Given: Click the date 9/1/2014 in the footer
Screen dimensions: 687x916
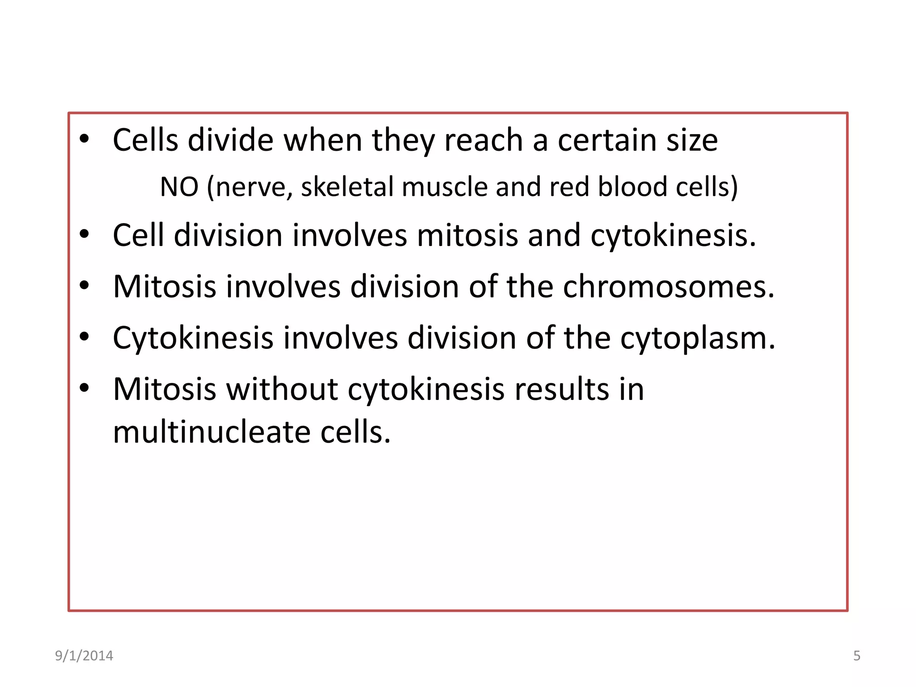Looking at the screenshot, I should tap(84, 656).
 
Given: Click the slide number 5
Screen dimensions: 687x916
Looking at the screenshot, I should tap(857, 656).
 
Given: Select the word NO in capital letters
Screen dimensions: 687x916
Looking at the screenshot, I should tap(179, 187).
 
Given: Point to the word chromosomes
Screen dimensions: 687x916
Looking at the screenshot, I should tap(668, 286).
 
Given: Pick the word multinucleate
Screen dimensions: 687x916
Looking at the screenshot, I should tap(212, 432).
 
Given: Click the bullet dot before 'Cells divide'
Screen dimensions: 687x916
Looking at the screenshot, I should tap(84, 139).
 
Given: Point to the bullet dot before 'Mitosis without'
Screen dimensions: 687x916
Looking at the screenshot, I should tap(84, 388).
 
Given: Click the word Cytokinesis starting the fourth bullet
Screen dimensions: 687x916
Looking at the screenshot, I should tap(193, 338).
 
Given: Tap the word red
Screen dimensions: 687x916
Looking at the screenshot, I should tap(569, 187).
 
